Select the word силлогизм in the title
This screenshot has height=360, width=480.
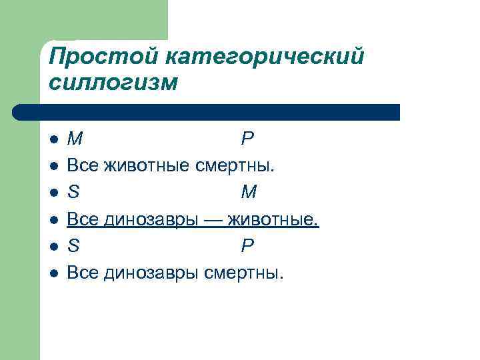pos(114,83)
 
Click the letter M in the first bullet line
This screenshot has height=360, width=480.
pos(75,139)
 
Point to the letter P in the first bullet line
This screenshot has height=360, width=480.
pos(247,139)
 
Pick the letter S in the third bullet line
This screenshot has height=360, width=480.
pos(73,193)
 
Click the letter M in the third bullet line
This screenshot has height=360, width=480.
pos(249,193)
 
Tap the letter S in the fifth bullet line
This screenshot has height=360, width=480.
pos(73,246)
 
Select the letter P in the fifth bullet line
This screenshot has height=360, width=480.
pos(247,246)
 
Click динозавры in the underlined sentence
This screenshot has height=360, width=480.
pos(147,219)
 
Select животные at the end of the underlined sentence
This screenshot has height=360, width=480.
pos(273,219)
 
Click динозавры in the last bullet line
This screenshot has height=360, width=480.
pos(147,272)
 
